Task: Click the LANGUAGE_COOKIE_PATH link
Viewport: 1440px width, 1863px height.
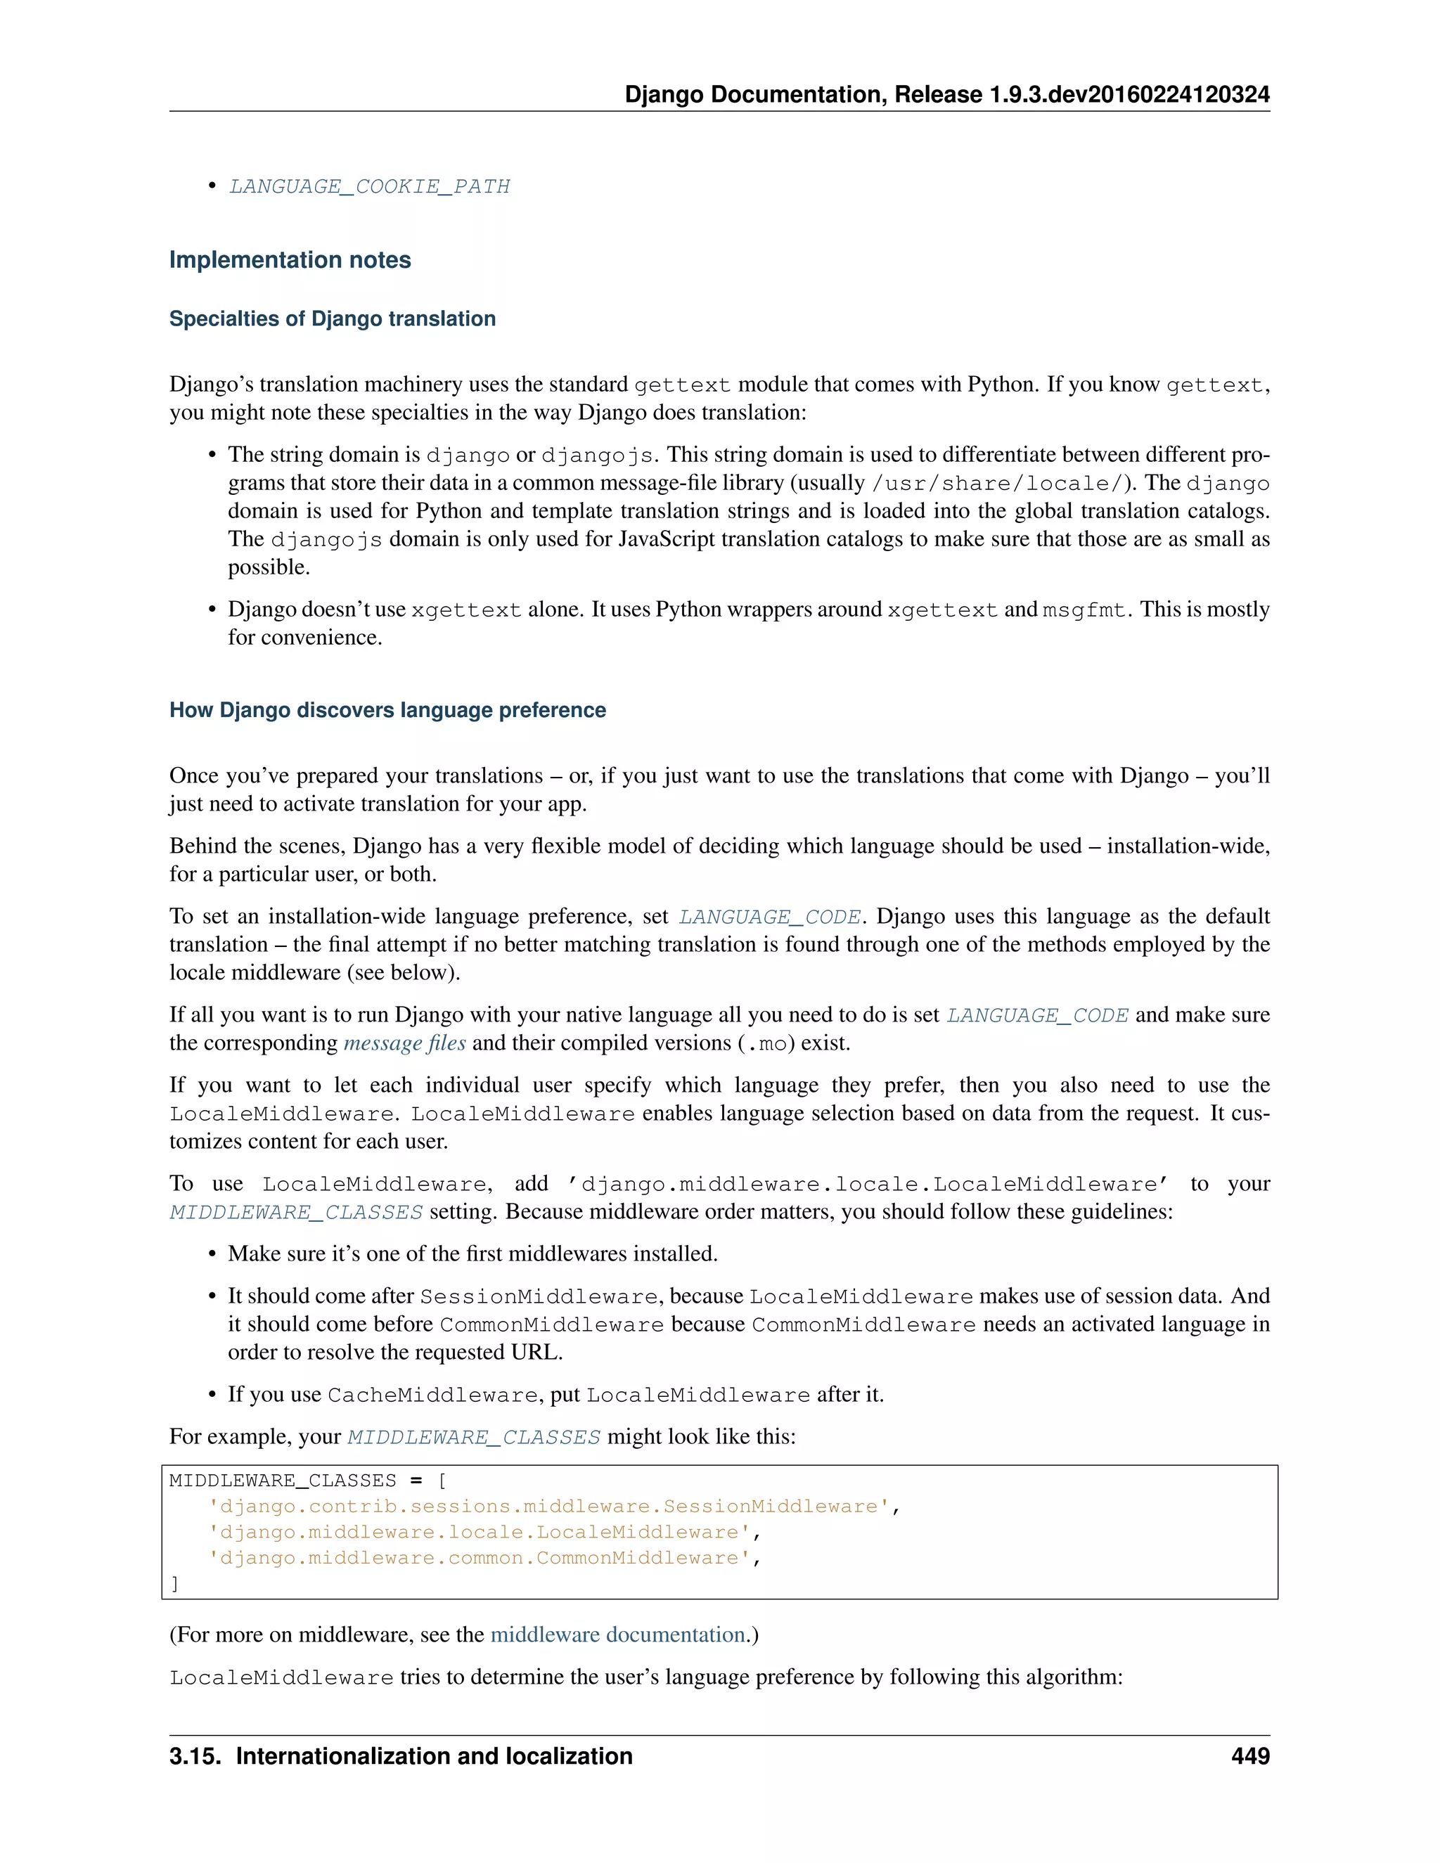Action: coord(369,186)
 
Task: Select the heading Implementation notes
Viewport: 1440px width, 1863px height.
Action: coord(290,259)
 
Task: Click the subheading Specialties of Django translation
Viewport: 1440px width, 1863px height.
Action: coord(332,318)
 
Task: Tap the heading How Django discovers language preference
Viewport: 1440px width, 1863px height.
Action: coord(387,710)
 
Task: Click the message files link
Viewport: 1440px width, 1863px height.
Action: coord(404,1043)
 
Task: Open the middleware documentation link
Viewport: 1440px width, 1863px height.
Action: coord(617,1635)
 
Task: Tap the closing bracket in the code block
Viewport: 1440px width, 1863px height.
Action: coord(175,1584)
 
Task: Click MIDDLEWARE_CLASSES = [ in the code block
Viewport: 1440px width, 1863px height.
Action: coord(307,1481)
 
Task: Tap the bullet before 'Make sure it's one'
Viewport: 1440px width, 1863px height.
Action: coord(212,1254)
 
